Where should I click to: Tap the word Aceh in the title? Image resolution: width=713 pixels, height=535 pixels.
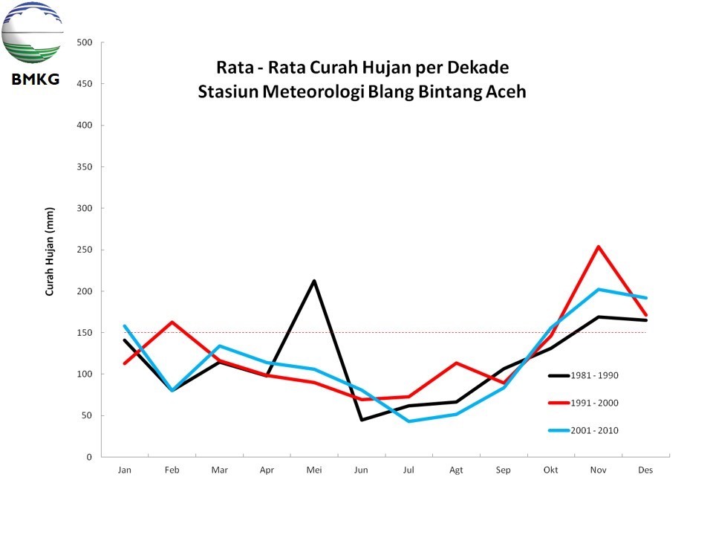(505, 93)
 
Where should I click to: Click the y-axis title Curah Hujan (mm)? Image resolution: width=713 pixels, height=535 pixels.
(51, 252)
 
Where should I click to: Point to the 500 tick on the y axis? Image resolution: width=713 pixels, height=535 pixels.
(84, 42)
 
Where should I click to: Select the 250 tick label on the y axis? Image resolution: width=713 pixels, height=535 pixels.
(84, 250)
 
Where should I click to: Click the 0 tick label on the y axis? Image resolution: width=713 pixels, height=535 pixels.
(88, 457)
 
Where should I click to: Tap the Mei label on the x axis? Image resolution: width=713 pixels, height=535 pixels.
(313, 470)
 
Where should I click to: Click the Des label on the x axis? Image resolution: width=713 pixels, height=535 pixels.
(645, 470)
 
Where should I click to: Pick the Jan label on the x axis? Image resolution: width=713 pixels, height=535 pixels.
(124, 470)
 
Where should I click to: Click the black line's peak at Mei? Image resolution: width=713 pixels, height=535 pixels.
(314, 281)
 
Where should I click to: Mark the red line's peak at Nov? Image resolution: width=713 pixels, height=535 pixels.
(599, 247)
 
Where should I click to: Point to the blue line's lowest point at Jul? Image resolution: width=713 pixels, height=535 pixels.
(408, 421)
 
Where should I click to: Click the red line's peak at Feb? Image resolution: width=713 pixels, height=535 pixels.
(172, 322)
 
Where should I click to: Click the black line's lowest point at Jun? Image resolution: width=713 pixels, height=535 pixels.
(362, 420)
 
